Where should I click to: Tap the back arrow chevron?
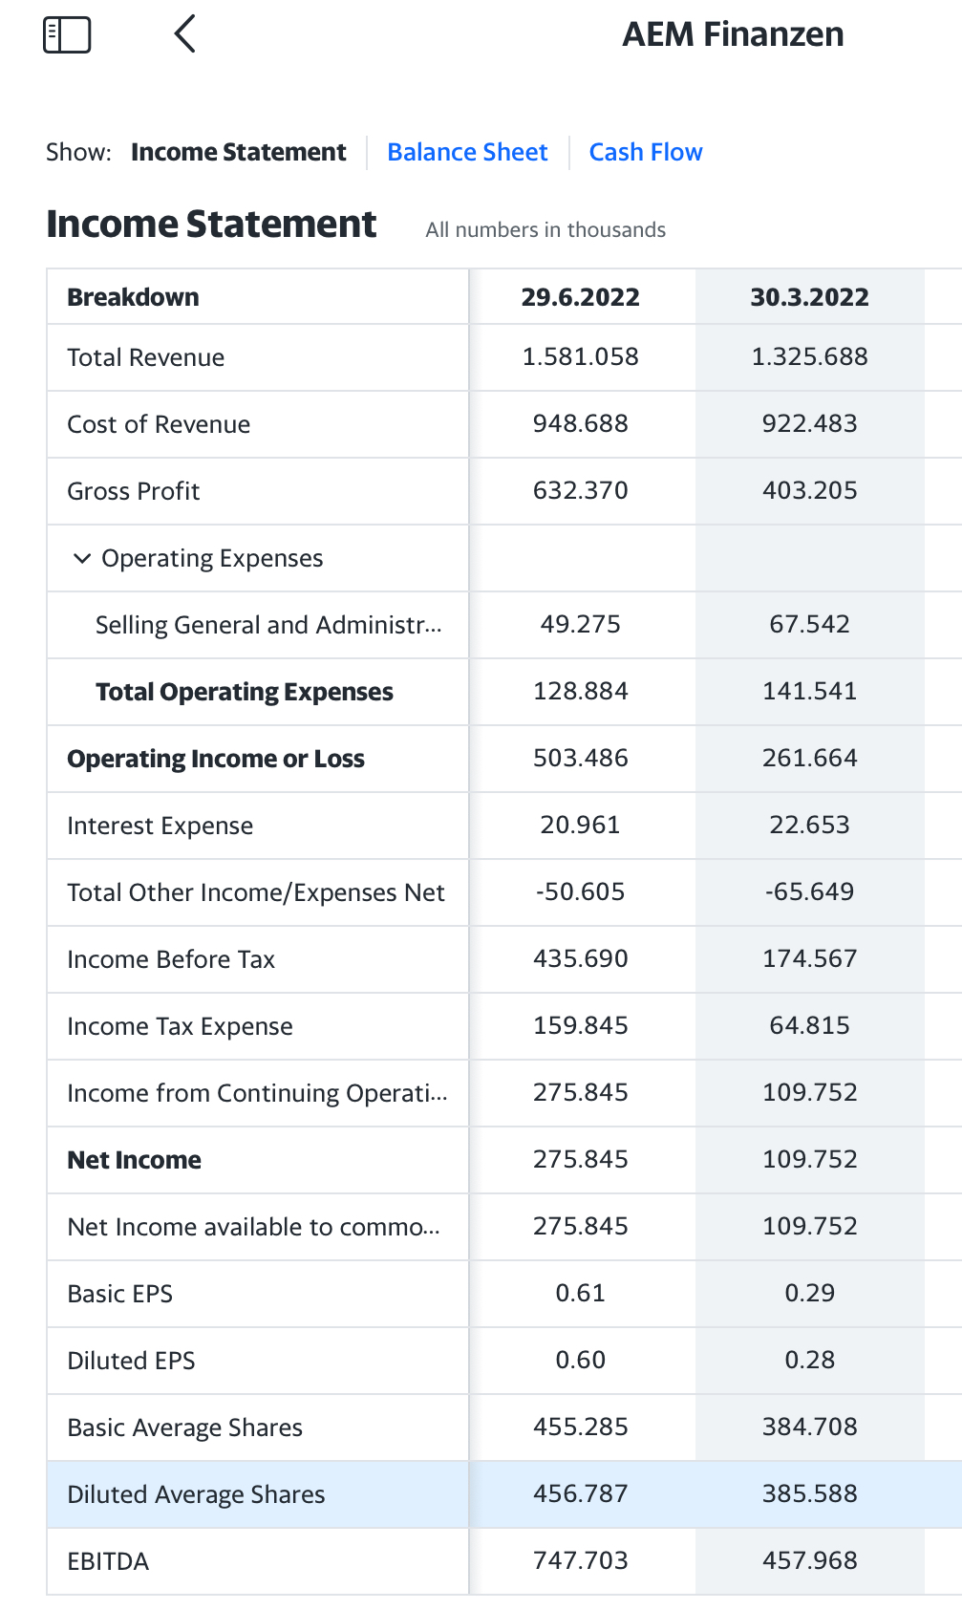(185, 34)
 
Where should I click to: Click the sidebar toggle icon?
(67, 34)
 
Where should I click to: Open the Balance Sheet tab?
(467, 153)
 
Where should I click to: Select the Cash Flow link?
(646, 153)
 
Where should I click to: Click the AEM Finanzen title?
(733, 34)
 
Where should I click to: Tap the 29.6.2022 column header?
(580, 297)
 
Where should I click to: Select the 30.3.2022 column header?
(809, 297)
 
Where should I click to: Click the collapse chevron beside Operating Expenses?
(82, 558)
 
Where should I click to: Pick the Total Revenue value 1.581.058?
(580, 357)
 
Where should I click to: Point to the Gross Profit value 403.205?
(809, 491)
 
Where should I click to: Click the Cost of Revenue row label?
(159, 424)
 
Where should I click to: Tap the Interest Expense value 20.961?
(580, 826)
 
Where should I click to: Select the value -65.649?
(809, 892)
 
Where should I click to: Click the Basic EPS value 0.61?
(580, 1294)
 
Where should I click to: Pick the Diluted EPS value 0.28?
(809, 1361)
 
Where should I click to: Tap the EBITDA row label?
(108, 1561)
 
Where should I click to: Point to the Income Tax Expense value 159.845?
(580, 1026)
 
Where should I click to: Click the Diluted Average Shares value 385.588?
(809, 1494)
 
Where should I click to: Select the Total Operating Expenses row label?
(244, 692)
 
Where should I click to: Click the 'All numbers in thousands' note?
(545, 230)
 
